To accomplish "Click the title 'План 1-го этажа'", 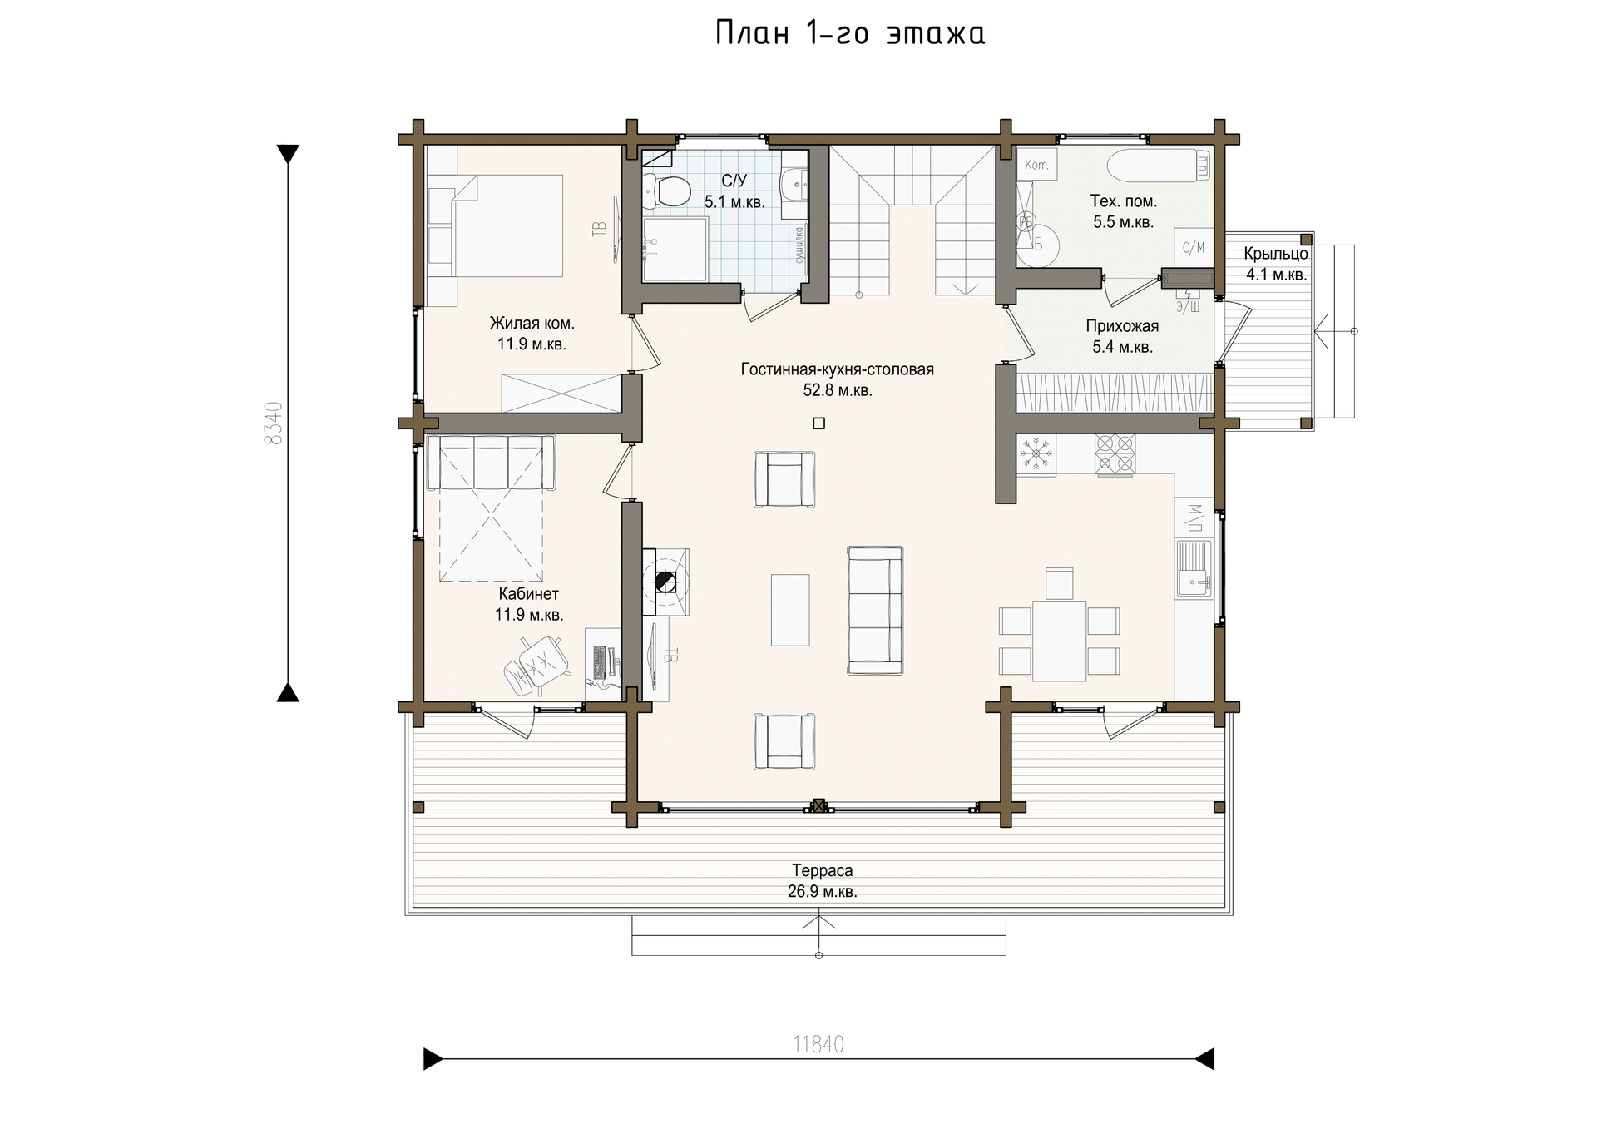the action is pos(850,33).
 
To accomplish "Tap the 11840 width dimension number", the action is pos(818,1044).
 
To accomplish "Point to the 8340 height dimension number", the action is pos(274,423).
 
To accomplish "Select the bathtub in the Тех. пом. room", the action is pos(1159,165).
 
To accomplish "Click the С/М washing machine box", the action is pos(1194,247).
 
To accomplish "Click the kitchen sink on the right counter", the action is pos(1194,568).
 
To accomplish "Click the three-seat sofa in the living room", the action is pos(875,610).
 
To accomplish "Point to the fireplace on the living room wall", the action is pos(665,582).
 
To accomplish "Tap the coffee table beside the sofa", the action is pos(790,610).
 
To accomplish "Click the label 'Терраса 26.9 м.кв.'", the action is pos(822,881).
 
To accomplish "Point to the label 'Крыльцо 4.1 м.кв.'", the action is pos(1276,265).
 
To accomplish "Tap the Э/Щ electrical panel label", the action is pos(1188,307).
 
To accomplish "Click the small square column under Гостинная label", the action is pos(819,423).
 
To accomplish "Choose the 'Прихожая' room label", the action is pos(1122,326).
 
